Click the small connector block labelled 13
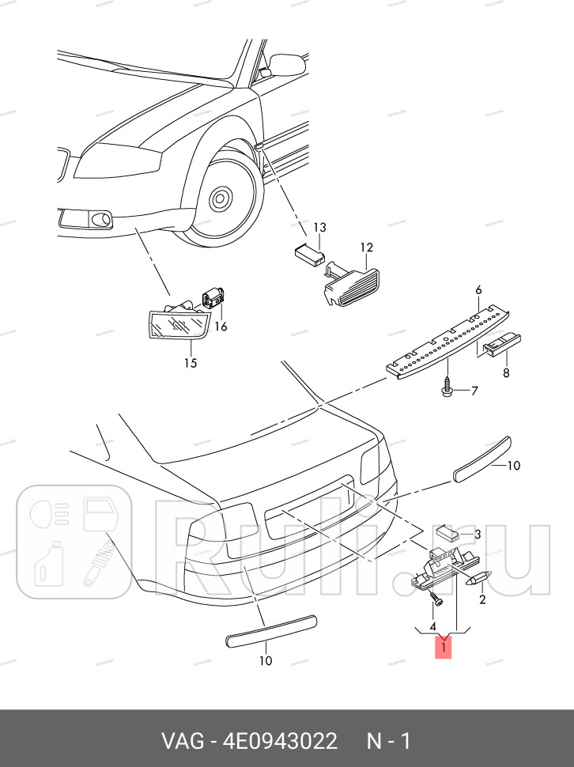click(x=309, y=253)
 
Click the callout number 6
click(x=478, y=290)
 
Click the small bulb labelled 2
click(x=481, y=578)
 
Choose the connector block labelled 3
click(x=447, y=535)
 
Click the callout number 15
click(x=190, y=364)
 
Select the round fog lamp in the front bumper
click(x=100, y=220)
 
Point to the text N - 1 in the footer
click(x=387, y=742)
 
